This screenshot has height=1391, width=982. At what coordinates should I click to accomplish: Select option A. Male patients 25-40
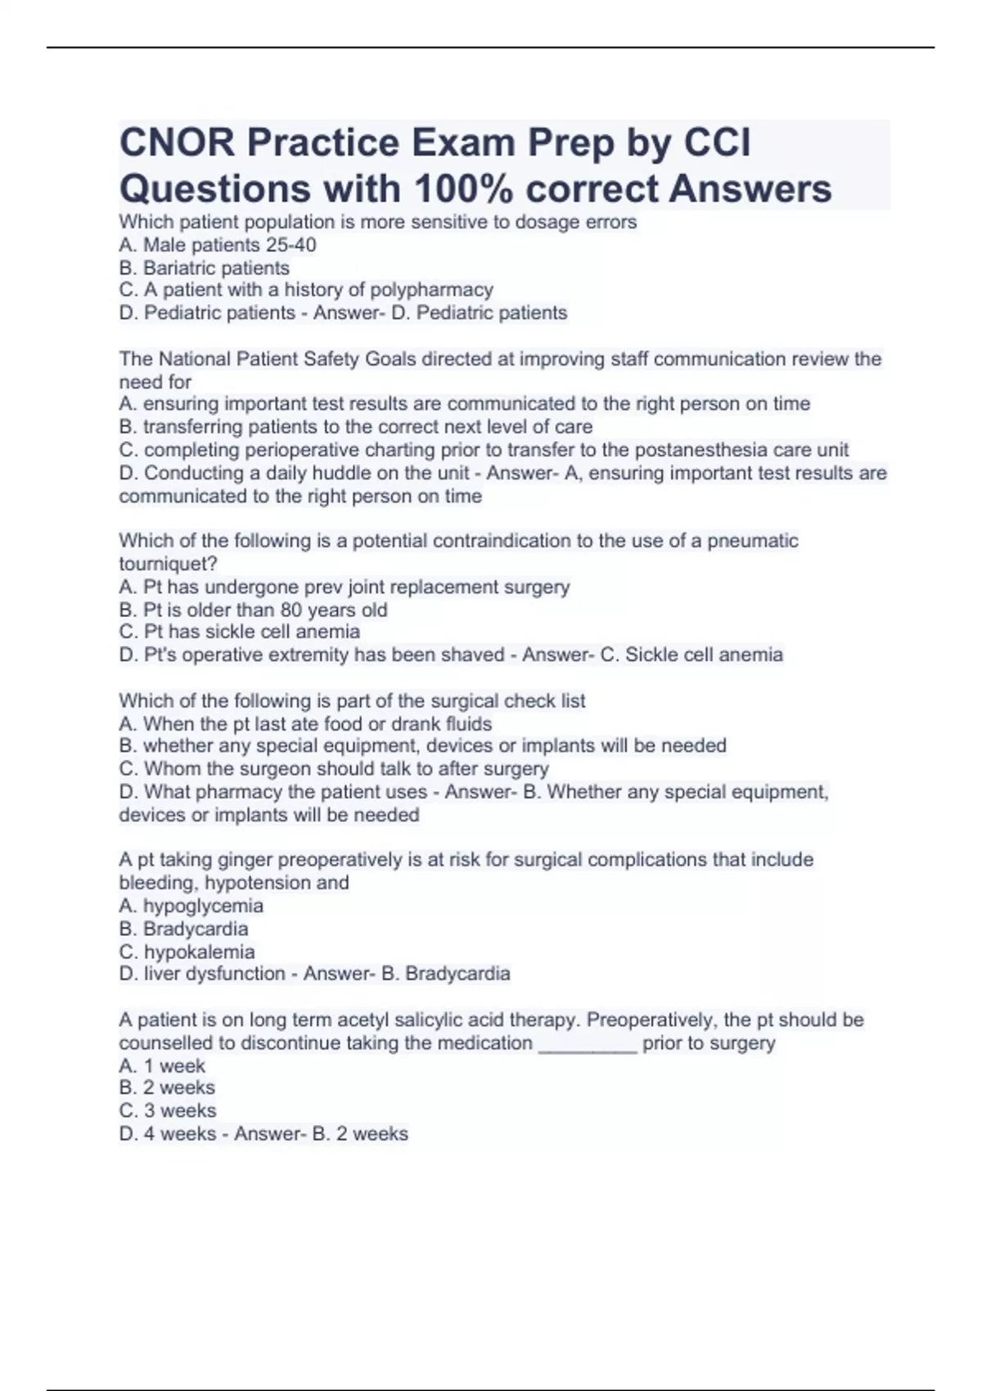218,245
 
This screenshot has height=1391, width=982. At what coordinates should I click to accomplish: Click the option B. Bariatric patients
204,268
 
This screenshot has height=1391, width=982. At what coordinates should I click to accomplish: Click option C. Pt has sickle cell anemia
239,632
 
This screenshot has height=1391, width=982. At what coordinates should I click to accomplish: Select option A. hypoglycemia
191,906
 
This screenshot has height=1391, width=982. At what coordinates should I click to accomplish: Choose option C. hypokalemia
187,952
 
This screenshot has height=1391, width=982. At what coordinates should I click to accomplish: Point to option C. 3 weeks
168,1110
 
